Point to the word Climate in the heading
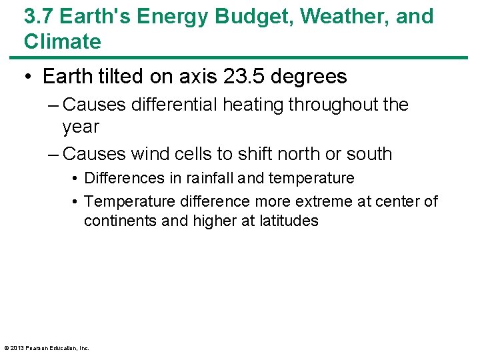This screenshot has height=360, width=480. coord(63,41)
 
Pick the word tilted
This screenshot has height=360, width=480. coord(121,77)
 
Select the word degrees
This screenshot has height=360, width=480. coord(310,77)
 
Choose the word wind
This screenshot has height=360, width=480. coord(149,154)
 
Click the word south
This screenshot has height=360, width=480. coord(369,154)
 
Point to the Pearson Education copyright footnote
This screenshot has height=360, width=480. coord(47,347)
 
